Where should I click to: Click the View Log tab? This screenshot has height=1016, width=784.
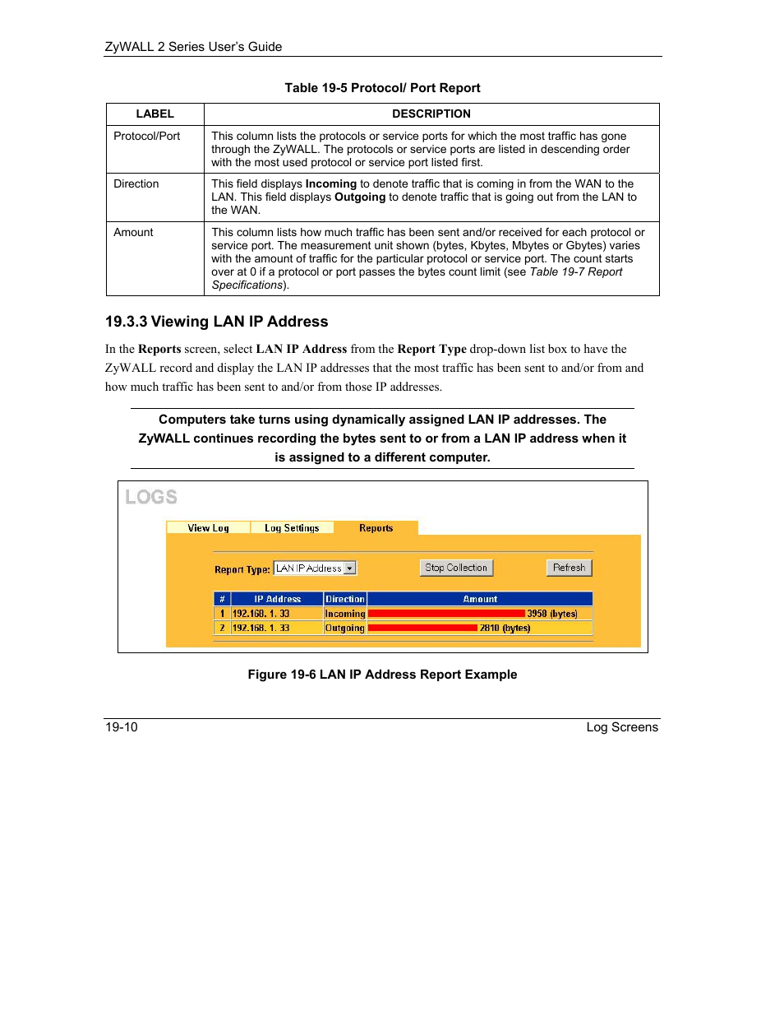[208, 528]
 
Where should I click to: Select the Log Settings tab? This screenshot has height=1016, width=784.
[292, 528]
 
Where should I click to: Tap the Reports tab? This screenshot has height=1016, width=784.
[376, 528]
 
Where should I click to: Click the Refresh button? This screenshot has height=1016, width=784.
[569, 568]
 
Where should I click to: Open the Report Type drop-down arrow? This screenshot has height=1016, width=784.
[350, 568]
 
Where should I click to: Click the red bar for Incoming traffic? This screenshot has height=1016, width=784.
[446, 614]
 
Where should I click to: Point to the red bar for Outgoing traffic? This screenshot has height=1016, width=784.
[422, 628]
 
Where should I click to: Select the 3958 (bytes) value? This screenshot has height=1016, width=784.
[552, 614]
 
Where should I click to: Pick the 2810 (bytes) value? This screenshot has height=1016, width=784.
[505, 628]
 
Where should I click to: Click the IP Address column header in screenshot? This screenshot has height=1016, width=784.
[277, 599]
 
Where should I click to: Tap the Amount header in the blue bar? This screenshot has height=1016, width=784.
[480, 599]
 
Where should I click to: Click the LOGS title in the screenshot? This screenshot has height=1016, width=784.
[151, 497]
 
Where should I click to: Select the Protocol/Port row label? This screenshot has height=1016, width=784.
[146, 136]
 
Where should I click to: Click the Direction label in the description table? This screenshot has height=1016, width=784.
[136, 183]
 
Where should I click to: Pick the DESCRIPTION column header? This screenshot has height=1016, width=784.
[431, 114]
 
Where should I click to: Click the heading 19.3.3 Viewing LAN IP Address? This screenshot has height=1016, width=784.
[216, 322]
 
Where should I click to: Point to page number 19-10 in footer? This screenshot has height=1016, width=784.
[122, 727]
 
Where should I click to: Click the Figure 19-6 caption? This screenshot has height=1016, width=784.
[382, 675]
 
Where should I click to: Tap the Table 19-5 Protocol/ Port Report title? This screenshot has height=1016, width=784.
[382, 88]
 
